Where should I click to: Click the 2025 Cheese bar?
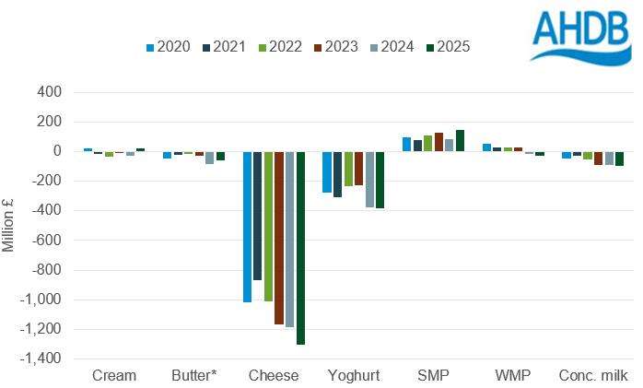click(300, 247)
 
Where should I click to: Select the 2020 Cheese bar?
click(248, 227)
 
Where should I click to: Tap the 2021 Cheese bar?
click(258, 216)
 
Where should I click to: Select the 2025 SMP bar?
click(460, 140)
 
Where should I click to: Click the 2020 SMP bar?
click(406, 144)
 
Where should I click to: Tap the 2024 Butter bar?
click(210, 158)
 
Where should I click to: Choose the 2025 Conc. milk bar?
click(619, 159)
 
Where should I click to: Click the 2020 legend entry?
click(168, 46)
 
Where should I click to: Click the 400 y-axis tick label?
click(49, 92)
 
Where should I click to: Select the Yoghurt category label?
click(353, 375)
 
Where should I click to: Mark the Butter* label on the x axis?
click(194, 375)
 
